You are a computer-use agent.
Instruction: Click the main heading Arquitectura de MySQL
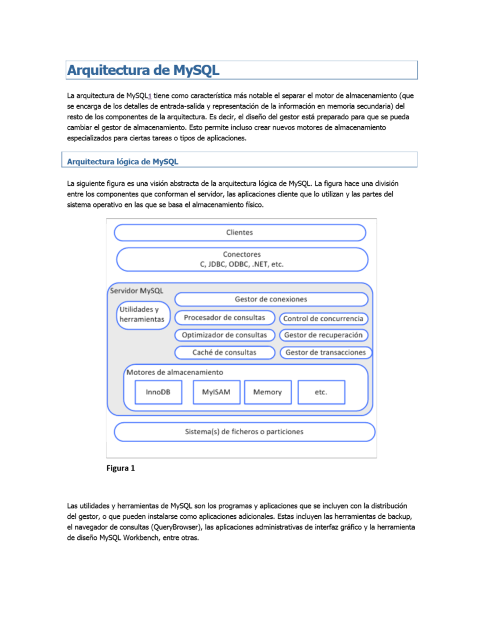(x=143, y=70)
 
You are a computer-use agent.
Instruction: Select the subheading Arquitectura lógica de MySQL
(x=122, y=162)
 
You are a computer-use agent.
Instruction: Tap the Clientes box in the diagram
(x=240, y=233)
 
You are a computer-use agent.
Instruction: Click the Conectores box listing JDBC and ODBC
(x=242, y=260)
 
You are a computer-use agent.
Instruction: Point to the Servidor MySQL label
(x=137, y=291)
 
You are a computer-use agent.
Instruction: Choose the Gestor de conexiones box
(x=271, y=299)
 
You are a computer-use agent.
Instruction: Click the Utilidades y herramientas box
(x=142, y=315)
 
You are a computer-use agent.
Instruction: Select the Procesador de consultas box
(x=225, y=318)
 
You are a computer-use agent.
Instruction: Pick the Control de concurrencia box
(x=323, y=319)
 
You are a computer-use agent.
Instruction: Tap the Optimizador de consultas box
(x=225, y=335)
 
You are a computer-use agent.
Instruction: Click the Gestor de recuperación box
(x=323, y=335)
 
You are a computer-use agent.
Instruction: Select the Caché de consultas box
(x=225, y=353)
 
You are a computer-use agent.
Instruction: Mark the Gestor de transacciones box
(x=326, y=353)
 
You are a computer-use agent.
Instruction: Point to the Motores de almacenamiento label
(x=175, y=373)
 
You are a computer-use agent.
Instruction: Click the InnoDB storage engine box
(x=158, y=392)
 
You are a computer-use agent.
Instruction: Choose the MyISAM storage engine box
(x=216, y=392)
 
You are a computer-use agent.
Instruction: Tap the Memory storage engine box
(x=268, y=392)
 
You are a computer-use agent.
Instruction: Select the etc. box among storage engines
(x=321, y=392)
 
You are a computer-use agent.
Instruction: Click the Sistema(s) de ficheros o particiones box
(x=244, y=432)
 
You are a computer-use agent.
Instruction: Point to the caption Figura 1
(x=121, y=468)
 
